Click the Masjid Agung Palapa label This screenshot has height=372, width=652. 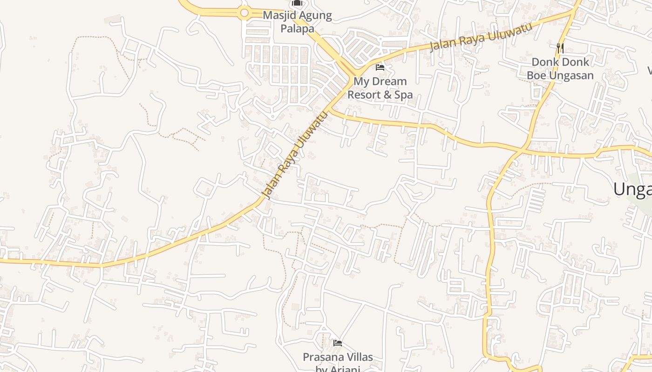[x=297, y=21]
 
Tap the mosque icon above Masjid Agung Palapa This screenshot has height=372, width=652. [x=297, y=3]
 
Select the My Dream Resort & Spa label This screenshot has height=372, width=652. [x=380, y=88]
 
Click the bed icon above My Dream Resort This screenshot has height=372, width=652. [x=380, y=67]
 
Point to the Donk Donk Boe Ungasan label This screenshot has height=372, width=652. [x=560, y=68]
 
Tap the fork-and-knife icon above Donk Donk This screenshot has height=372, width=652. [x=560, y=48]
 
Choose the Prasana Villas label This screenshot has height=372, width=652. [x=338, y=357]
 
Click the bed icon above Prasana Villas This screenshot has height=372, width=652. [x=338, y=343]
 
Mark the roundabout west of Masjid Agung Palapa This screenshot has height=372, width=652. [x=244, y=13]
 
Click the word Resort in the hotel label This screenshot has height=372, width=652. [x=364, y=95]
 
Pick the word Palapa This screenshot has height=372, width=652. [x=297, y=28]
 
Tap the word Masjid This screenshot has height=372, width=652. [x=278, y=15]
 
